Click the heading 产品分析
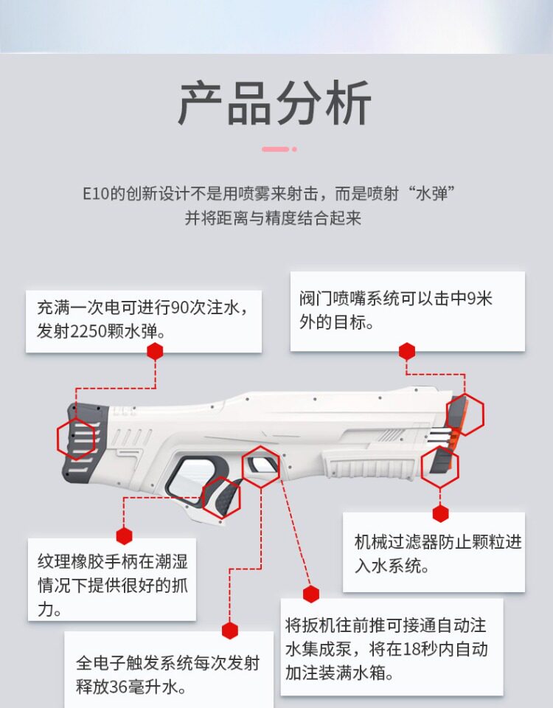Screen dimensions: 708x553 275,103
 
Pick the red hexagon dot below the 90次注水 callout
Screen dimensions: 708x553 155,351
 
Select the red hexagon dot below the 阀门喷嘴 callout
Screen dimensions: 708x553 407,351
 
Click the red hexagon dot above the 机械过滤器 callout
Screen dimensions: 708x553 441,513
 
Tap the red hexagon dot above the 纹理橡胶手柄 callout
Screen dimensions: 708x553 124,536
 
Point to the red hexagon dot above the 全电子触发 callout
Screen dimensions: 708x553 230,631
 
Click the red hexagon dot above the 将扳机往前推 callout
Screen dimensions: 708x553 311,594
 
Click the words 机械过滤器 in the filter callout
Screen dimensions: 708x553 392,542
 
